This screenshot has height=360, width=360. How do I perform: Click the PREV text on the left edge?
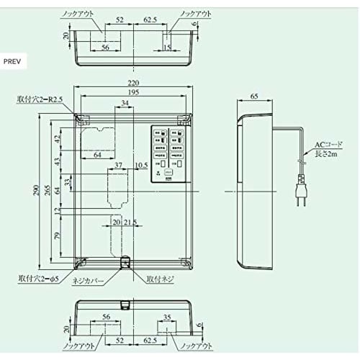pyautogui.click(x=14, y=62)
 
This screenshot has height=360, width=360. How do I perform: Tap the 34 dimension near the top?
pyautogui.click(x=126, y=104)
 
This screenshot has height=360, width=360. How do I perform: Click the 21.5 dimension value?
pyautogui.click(x=130, y=222)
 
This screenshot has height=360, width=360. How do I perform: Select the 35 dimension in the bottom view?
pyautogui.click(x=167, y=316)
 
